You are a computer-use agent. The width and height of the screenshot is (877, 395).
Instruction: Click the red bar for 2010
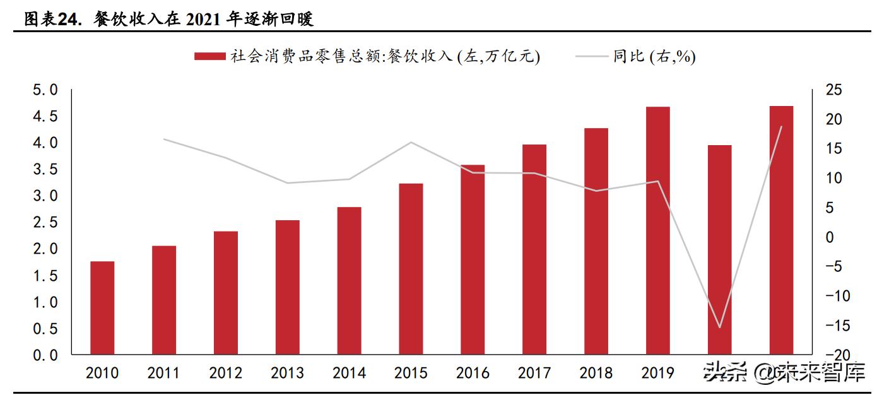click(102, 307)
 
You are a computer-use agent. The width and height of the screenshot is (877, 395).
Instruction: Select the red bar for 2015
click(411, 269)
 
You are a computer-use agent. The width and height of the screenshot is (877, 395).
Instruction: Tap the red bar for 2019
click(657, 230)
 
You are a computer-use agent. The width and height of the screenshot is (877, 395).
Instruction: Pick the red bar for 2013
click(288, 287)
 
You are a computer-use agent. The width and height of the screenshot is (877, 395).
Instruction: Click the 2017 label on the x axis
click(534, 373)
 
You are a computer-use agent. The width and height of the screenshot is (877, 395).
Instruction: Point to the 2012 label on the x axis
click(226, 373)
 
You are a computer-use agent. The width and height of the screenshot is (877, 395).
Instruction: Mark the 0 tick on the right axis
click(829, 237)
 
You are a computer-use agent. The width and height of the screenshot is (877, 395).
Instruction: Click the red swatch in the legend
click(209, 57)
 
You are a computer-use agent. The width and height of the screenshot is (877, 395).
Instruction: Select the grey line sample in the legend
click(591, 57)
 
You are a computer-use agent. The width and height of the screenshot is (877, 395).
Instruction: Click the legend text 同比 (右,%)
click(654, 57)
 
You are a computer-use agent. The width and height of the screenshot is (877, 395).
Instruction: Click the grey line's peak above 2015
click(411, 142)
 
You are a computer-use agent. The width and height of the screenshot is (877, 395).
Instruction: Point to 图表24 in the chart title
click(53, 20)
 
